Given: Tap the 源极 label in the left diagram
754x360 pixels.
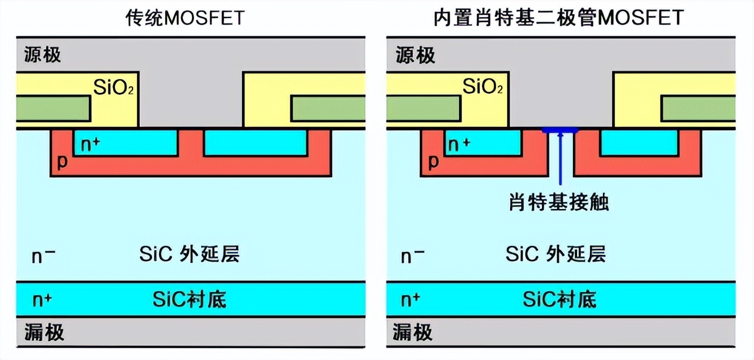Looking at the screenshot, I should (x=43, y=55).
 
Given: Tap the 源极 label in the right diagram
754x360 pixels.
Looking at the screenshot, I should (x=415, y=55).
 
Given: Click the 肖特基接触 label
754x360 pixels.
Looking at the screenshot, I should (x=558, y=201).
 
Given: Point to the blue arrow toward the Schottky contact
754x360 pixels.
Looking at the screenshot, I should (x=560, y=162).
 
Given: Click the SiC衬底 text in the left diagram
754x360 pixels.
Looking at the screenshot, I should (x=190, y=300).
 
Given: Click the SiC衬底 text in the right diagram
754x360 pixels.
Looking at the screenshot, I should (x=559, y=300).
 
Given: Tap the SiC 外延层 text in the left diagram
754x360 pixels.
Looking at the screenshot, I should (x=190, y=254).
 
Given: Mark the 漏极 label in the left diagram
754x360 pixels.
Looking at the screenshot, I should (x=44, y=333).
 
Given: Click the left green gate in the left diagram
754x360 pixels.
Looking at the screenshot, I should (x=53, y=108).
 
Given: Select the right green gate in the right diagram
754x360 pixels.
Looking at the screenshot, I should (x=698, y=108).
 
